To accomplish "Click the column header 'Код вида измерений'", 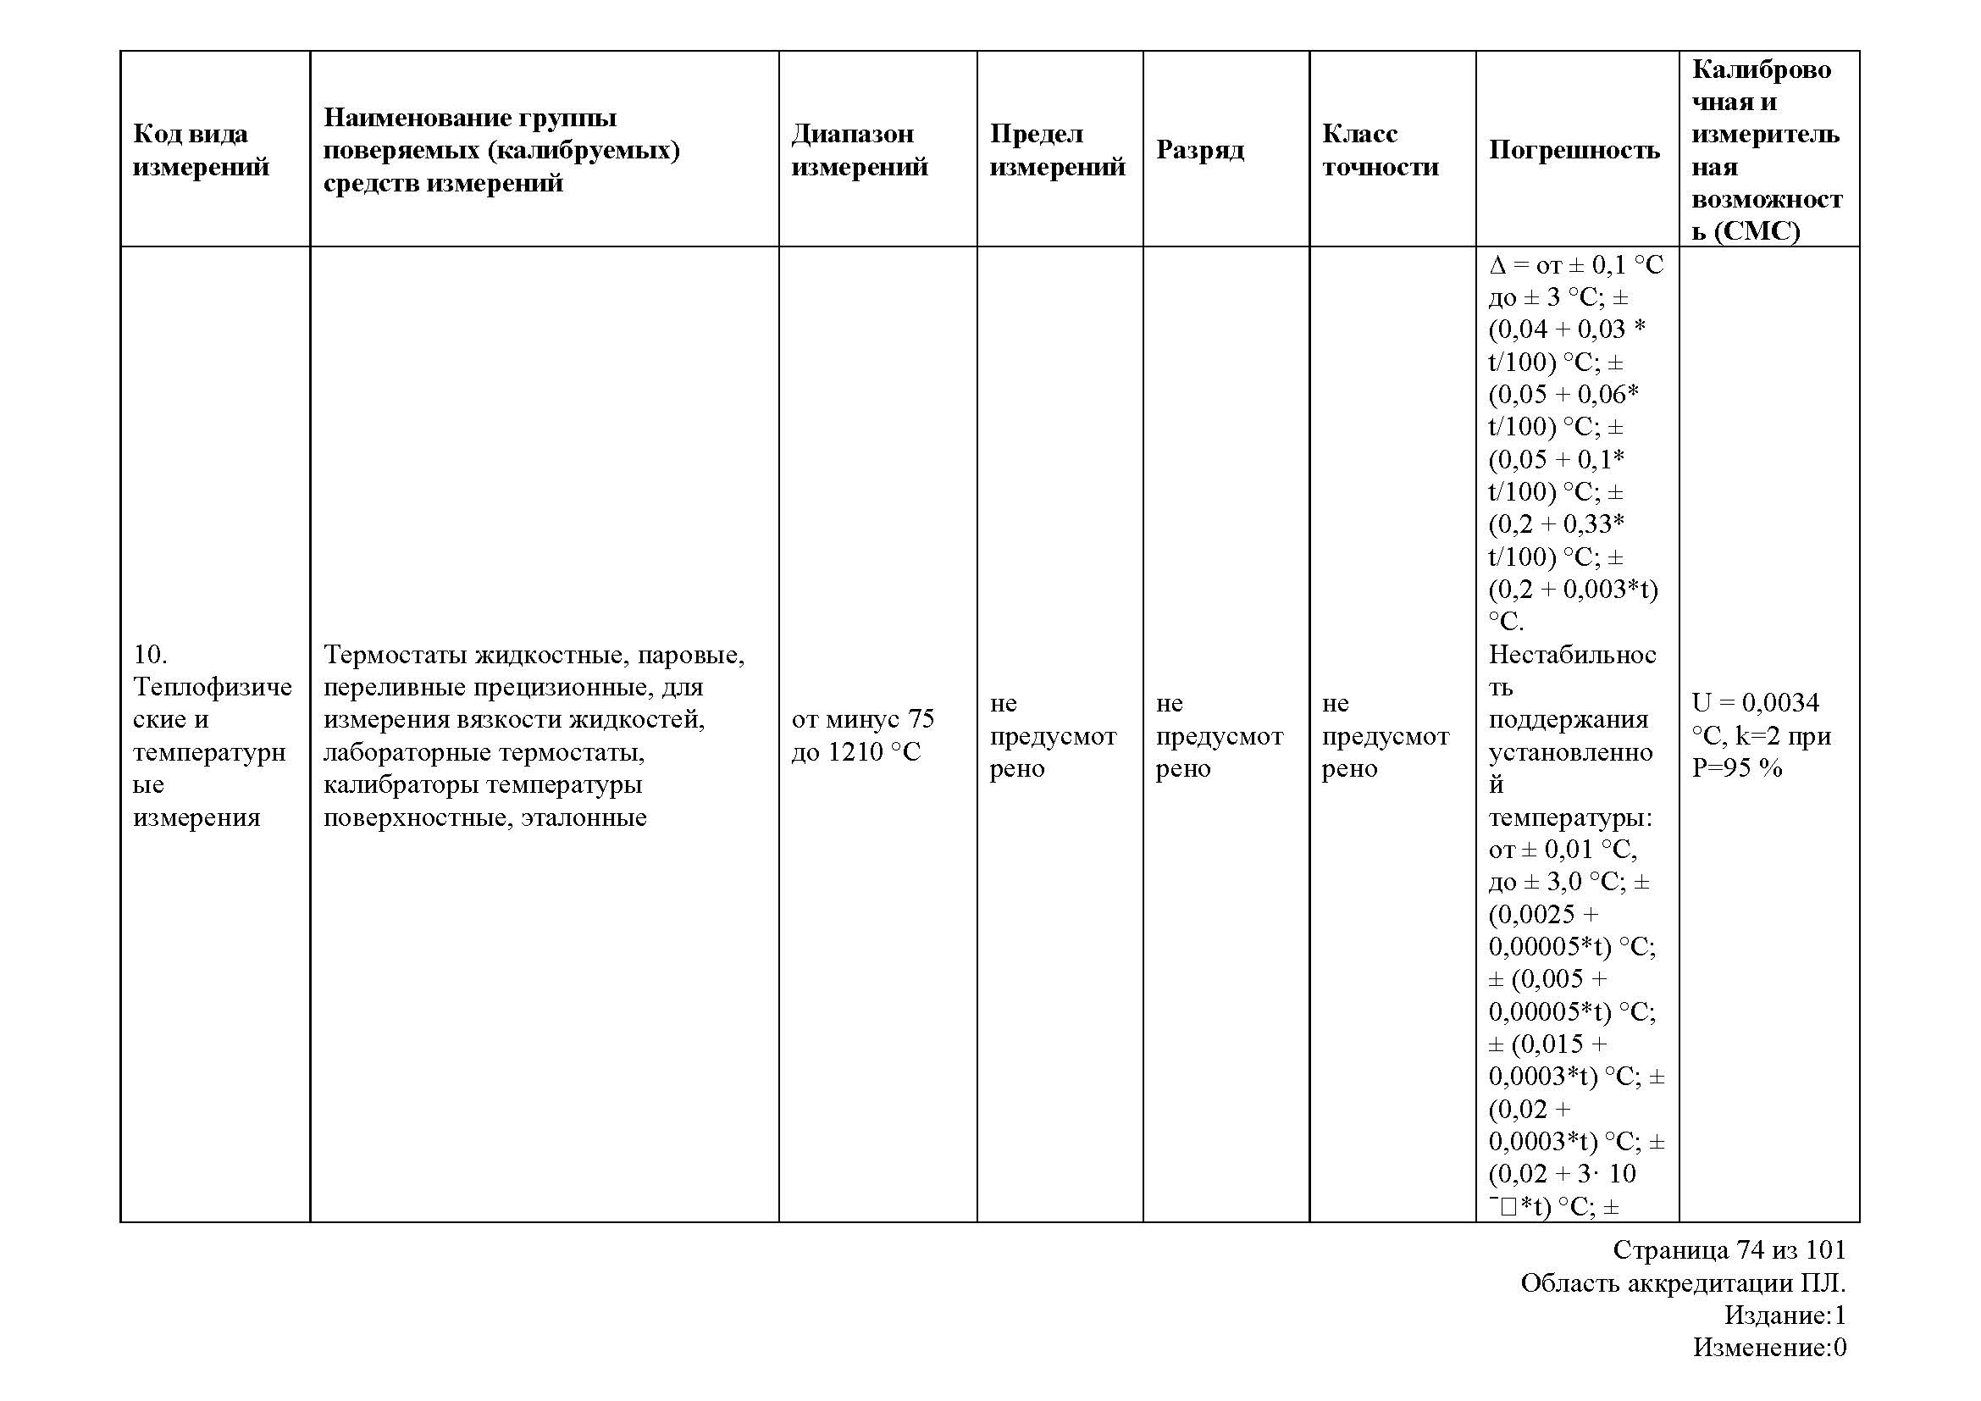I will point(201,149).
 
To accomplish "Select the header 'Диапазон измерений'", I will point(860,149).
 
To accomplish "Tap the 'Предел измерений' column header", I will point(1057,149).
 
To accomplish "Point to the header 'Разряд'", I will point(1199,150).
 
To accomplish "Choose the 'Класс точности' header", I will point(1380,149).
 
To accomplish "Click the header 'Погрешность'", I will point(1574,150).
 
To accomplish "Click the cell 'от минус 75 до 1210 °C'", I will point(862,735).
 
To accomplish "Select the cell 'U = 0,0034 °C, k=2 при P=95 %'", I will point(1760,735).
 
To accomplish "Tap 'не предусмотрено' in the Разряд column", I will point(1218,735).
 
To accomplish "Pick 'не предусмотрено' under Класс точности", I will point(1385,735).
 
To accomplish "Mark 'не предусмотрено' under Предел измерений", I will point(1052,735).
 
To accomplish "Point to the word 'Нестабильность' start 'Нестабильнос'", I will point(1572,655).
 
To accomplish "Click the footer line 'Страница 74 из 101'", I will point(1729,1250).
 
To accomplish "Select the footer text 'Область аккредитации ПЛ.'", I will point(1683,1283).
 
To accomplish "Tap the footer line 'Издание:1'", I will point(1785,1315).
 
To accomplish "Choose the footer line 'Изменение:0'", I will point(1768,1347).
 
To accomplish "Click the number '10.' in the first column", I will point(150,655).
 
